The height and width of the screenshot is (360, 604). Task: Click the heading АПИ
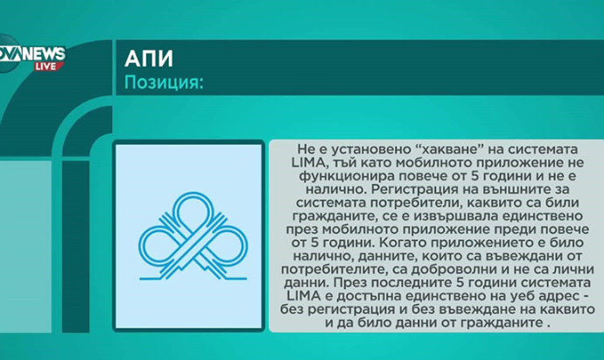point(149,59)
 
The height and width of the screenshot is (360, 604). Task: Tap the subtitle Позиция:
point(164,82)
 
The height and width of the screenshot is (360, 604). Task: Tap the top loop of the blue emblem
point(193,210)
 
